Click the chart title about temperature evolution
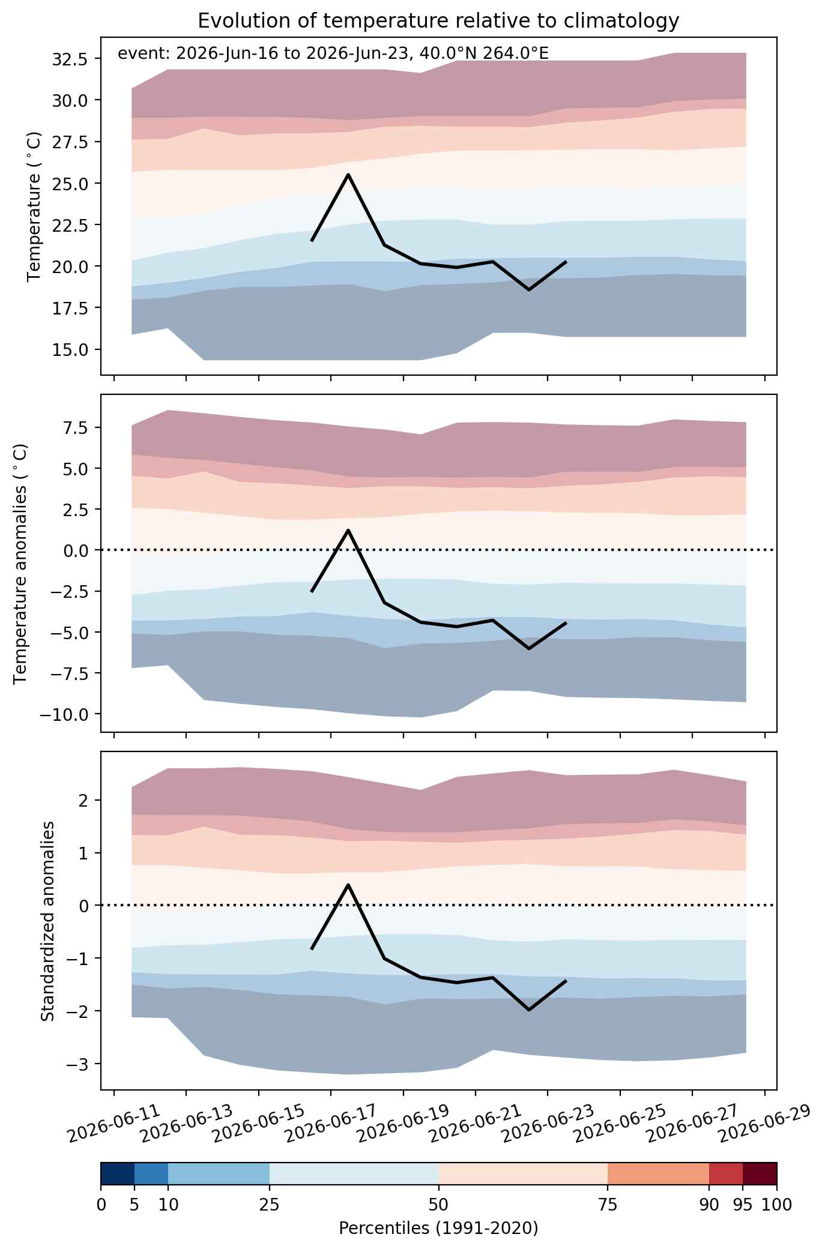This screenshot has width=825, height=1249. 438,21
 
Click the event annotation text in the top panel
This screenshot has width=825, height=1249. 333,53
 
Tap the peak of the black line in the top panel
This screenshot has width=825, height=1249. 348,174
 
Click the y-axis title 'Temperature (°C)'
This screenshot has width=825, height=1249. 34,206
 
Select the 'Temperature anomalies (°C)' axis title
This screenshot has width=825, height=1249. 20,563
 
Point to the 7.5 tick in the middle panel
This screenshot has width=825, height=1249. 77,427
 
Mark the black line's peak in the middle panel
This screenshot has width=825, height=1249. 348,530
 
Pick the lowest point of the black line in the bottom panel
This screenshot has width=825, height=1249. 529,1010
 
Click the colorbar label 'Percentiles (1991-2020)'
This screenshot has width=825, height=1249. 438,1229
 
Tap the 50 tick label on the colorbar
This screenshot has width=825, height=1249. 439,1205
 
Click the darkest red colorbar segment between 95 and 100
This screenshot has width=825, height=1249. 760,1174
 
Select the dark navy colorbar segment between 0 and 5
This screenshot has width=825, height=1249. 118,1174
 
